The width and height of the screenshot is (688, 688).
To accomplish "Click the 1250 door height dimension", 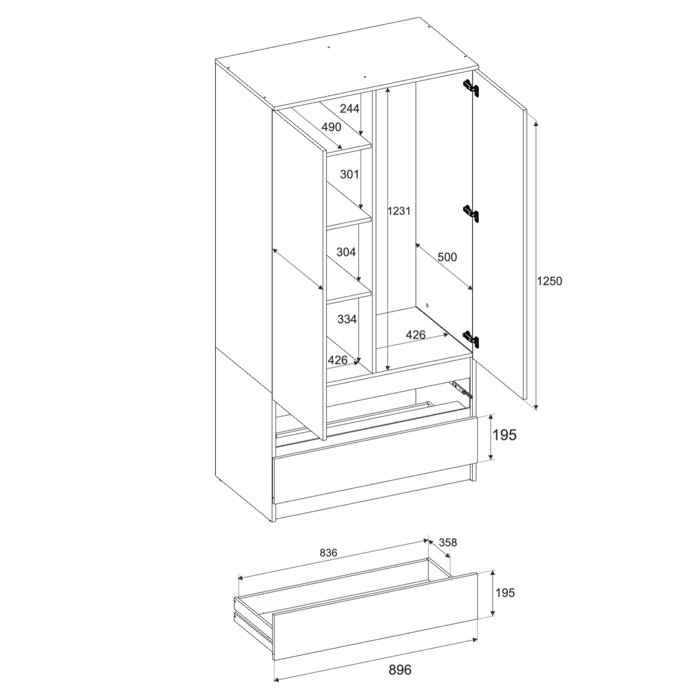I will point(549,281).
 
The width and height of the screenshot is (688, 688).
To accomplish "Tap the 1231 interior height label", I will point(399,211).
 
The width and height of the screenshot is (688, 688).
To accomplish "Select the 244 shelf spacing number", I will point(349,108).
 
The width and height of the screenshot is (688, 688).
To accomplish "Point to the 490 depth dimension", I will point(331,127).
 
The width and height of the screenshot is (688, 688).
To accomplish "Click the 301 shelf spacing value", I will point(349,175).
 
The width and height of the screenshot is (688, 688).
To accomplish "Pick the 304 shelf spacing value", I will point(346,252).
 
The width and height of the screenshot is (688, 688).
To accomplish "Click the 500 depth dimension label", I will point(447,257).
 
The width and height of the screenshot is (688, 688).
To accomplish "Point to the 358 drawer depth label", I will point(448,542).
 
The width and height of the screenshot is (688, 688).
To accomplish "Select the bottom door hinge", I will point(471,338).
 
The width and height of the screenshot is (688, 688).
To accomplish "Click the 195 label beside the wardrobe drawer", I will point(505,435).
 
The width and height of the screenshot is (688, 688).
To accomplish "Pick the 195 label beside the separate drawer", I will point(505,593).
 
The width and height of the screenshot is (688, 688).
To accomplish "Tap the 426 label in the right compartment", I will point(415,335).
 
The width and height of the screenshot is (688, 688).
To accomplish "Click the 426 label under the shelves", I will point(338,360).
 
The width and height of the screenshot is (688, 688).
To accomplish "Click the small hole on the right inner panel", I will point(427,305).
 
